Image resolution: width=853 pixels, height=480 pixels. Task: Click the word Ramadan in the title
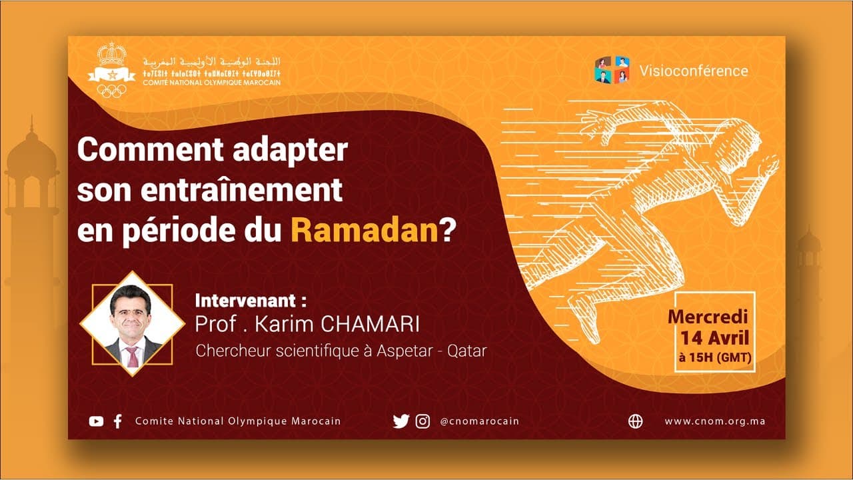coord(364,230)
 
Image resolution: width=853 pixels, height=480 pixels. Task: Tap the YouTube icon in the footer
coord(97,421)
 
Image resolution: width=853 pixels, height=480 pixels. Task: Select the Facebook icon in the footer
coord(118,421)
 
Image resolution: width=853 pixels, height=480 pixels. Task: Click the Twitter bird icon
coord(401,421)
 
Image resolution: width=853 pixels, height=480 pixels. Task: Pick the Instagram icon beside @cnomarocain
coord(423,421)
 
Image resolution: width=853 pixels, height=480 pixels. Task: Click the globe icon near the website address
coord(636,421)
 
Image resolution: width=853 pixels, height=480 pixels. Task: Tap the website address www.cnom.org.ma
coord(714,421)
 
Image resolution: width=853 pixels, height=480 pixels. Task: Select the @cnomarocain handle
coord(479,421)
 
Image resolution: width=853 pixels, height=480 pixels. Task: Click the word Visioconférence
coord(693,71)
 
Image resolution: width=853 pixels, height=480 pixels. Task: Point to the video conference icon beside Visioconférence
coord(612,70)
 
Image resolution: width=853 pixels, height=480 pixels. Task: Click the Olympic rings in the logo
coord(111,91)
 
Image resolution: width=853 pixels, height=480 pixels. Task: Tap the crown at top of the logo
coord(111,54)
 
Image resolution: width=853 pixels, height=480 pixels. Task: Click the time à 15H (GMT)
coord(714,357)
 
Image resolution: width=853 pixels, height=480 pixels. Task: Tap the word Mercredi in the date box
coord(708,317)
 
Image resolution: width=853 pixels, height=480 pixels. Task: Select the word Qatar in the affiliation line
coord(466,351)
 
